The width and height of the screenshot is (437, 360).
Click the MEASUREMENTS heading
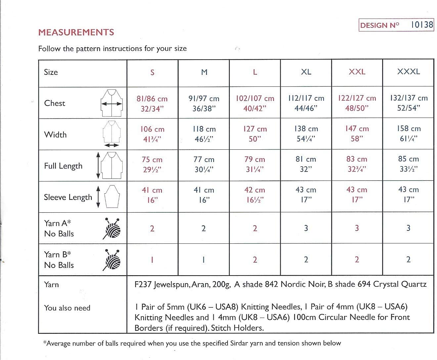pyautogui.click(x=76, y=32)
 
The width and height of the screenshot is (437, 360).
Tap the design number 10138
pyautogui.click(x=422, y=25)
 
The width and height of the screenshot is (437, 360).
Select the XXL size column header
pyautogui.click(x=357, y=72)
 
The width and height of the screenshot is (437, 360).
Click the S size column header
pyautogui.click(x=152, y=72)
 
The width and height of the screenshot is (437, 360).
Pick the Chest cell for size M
pyautogui.click(x=204, y=103)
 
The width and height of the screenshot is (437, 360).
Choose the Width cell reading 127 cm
pyautogui.click(x=255, y=134)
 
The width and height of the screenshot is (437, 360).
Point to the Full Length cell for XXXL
pyautogui.click(x=408, y=164)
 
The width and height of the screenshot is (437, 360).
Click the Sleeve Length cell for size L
pyautogui.click(x=255, y=195)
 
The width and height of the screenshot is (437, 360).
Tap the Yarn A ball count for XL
pyautogui.click(x=306, y=228)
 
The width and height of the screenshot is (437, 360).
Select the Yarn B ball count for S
pyautogui.click(x=152, y=260)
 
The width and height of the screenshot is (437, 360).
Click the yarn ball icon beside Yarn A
pyautogui.click(x=112, y=228)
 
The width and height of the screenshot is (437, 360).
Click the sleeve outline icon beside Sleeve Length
pyautogui.click(x=112, y=196)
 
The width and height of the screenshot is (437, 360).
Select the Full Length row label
pyautogui.click(x=63, y=166)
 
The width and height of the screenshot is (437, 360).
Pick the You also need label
pyautogui.click(x=67, y=308)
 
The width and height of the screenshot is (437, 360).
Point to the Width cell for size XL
pyautogui.click(x=306, y=134)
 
